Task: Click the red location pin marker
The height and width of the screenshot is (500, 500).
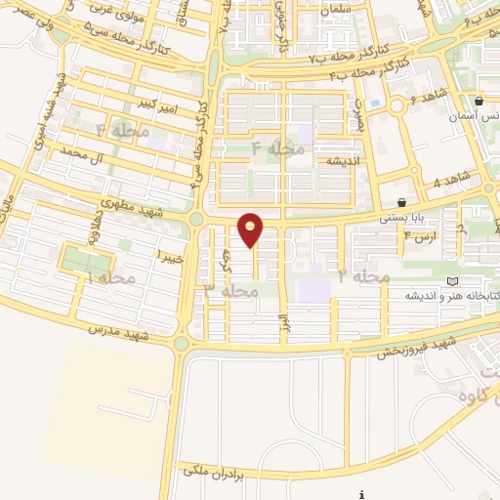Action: click(x=251, y=229)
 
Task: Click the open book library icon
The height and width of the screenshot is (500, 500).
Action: click(x=451, y=281)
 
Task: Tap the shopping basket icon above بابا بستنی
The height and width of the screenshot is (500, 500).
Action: click(x=402, y=203)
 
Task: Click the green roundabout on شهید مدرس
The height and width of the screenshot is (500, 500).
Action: click(x=182, y=343)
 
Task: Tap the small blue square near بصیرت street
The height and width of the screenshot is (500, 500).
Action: click(x=375, y=103)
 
